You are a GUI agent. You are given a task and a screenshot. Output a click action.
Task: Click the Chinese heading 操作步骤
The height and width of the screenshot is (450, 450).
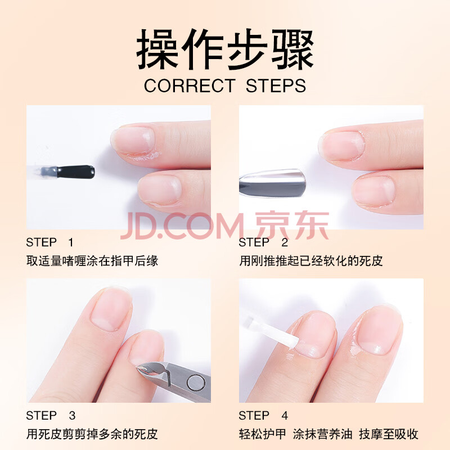point(224,49)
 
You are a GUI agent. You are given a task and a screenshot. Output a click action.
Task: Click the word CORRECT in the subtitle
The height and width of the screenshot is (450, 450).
point(190,86)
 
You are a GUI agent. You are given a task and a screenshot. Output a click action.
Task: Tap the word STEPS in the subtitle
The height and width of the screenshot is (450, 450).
point(276,86)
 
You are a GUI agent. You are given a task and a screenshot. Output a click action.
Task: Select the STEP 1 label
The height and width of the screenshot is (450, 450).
point(49,242)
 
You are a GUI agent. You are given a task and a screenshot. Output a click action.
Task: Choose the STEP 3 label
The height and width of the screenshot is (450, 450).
point(51,416)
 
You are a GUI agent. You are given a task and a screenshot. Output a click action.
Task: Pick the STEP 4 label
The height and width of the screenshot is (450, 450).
point(263,416)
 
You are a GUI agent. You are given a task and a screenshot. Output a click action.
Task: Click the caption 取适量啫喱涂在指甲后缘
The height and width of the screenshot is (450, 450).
point(92,261)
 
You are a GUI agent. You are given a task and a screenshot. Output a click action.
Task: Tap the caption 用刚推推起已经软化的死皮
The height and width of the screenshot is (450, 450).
point(311,261)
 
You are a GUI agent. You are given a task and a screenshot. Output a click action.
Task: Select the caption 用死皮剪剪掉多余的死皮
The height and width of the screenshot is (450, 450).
point(92,434)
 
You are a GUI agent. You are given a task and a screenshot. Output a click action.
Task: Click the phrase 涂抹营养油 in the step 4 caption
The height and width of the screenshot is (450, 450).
point(322,434)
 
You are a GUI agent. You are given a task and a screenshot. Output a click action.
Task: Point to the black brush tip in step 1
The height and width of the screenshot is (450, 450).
point(76,172)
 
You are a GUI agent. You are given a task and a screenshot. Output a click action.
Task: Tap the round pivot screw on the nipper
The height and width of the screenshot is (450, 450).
point(196,384)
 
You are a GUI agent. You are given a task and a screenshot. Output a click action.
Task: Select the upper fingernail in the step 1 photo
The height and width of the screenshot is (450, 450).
point(133,140)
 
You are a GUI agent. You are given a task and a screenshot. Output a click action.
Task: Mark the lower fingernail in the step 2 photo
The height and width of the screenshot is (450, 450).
point(373,191)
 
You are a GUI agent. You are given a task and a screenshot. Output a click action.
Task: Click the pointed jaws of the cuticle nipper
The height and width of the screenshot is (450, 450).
point(151,370)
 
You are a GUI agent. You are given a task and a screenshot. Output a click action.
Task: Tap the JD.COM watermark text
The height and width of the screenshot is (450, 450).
point(182,226)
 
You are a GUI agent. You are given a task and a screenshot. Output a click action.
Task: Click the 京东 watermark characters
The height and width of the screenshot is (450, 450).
point(292,226)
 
